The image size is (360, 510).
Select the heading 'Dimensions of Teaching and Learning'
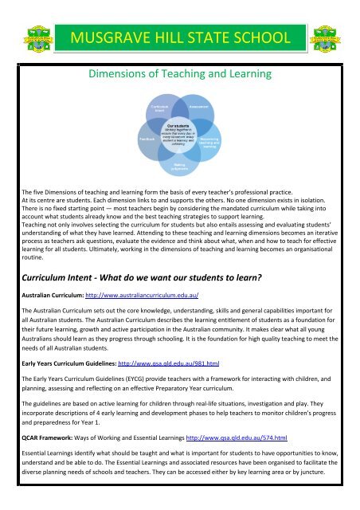pyautogui.click(x=181, y=76)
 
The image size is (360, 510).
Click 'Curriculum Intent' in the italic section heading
pyautogui.click(x=65, y=276)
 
